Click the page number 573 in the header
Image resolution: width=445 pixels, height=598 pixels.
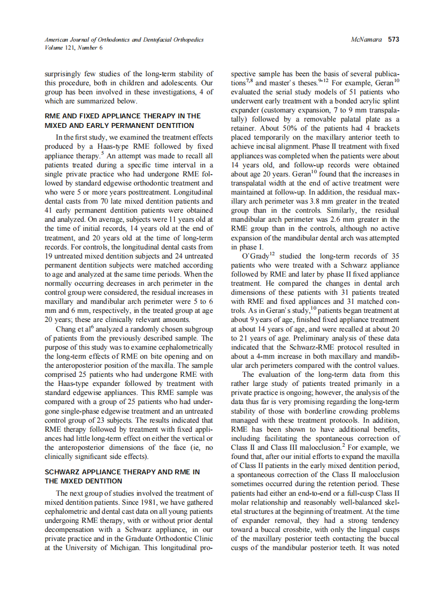[393, 39]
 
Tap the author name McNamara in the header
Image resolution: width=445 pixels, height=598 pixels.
[367, 39]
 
